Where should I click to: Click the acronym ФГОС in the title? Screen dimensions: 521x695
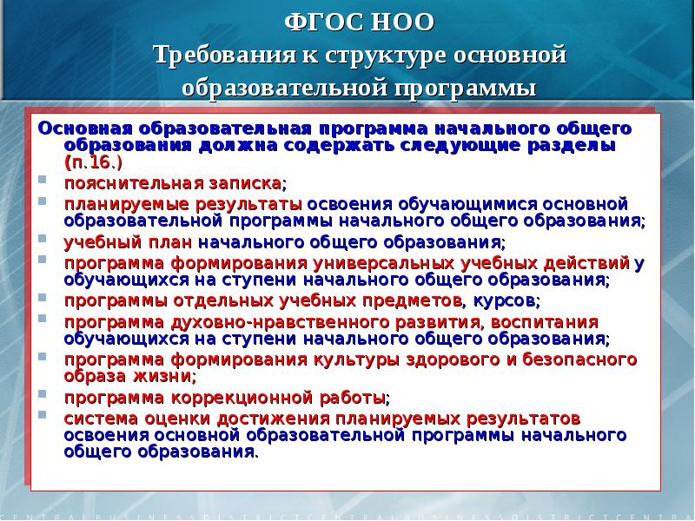pos(318,22)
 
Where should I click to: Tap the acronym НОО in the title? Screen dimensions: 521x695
pos(392,22)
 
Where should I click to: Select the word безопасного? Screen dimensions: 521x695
pos(570,359)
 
